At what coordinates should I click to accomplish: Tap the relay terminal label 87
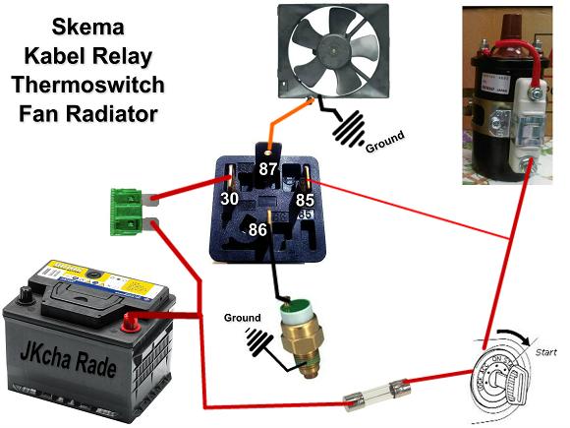(269, 168)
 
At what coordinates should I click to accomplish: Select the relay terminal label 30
(229, 199)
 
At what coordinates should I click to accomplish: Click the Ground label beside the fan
(384, 143)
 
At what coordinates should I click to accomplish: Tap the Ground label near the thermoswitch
(242, 318)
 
